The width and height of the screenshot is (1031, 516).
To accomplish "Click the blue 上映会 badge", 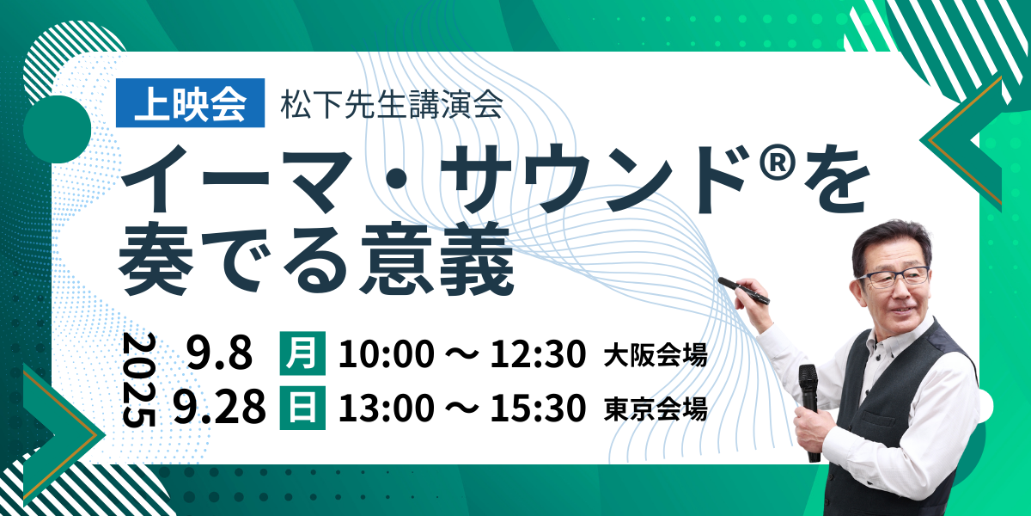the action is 190,102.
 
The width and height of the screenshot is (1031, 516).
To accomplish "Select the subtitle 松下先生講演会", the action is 392,105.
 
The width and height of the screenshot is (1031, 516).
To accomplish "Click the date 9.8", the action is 219,353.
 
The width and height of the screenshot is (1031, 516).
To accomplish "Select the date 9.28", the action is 220,406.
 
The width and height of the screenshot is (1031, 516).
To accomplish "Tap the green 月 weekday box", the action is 302,353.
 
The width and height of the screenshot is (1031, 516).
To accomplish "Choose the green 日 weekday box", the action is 302,408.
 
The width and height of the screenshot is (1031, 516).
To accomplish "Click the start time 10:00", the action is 387,353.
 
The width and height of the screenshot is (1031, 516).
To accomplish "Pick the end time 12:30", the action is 538,353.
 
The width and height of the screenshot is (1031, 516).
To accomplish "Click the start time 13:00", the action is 387,408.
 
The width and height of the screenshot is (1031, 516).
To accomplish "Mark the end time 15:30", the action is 538,408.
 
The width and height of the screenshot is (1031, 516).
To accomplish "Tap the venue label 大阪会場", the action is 656,355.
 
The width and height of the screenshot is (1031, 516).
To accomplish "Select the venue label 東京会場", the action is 656,409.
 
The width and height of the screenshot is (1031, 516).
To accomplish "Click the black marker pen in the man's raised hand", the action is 743,291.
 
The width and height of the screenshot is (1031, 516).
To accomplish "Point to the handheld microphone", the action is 809,412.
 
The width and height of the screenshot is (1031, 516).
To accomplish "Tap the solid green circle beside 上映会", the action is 57,129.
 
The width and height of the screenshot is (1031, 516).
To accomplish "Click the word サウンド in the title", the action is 597,179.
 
